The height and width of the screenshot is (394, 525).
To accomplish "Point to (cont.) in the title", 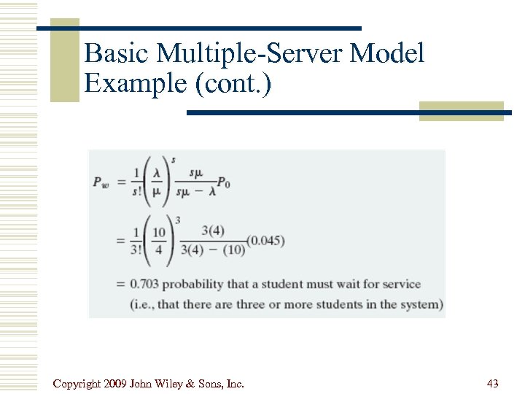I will pyautogui.click(x=233, y=84).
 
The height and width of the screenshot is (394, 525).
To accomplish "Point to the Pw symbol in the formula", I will pyautogui.click(x=101, y=183).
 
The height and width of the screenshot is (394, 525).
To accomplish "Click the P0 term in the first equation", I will pyautogui.click(x=223, y=183).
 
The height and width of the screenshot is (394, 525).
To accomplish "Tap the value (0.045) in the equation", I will pyautogui.click(x=265, y=242).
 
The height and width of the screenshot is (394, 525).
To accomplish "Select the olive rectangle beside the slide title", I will pyautogui.click(x=64, y=60).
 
